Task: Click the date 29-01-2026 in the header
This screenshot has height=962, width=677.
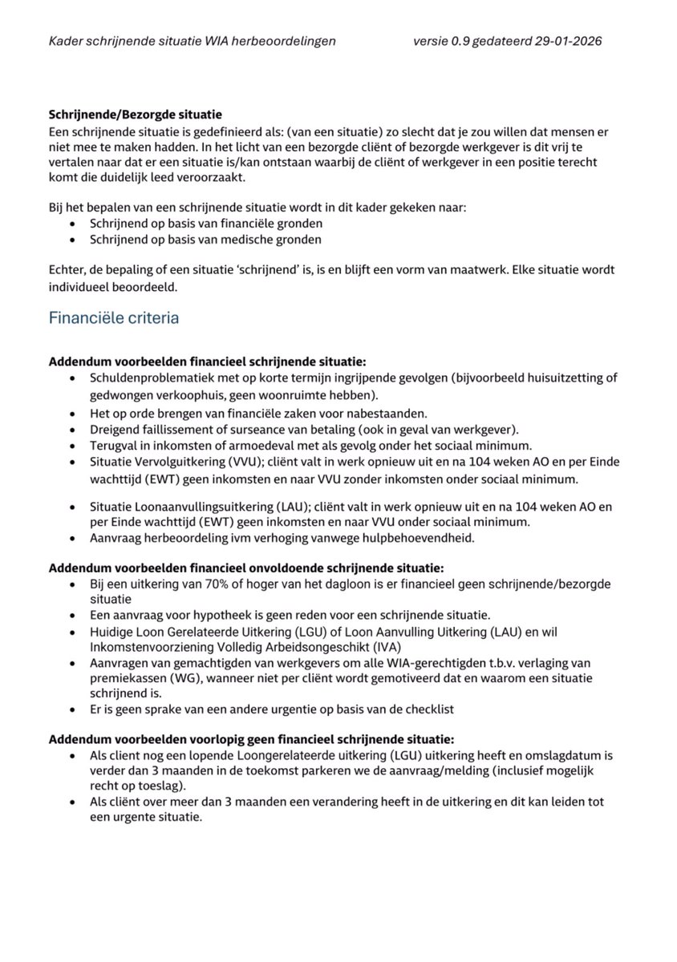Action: pyautogui.click(x=567, y=40)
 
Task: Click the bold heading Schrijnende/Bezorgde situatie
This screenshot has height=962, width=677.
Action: pyautogui.click(x=136, y=114)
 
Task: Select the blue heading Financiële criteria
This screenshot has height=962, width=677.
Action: pyautogui.click(x=114, y=317)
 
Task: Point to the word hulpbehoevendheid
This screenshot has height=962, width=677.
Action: pyautogui.click(x=418, y=539)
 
